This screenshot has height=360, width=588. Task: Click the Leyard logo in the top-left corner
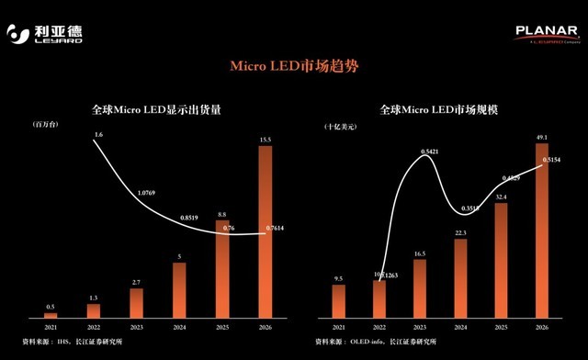pyautogui.click(x=45, y=35)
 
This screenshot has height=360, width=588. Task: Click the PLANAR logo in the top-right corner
pyautogui.click(x=547, y=34)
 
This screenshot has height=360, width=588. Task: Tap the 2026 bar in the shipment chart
pyautogui.click(x=265, y=230)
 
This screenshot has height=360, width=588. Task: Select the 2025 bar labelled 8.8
pyautogui.click(x=222, y=267)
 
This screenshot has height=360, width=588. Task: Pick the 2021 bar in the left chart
pyautogui.click(x=50, y=315)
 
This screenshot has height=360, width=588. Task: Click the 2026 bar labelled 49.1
pyautogui.click(x=542, y=230)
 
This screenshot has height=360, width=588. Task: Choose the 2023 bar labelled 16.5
pyautogui.click(x=420, y=288)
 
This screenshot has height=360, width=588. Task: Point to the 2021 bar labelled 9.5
pyautogui.click(x=338, y=301)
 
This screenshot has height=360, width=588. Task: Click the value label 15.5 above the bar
pyautogui.click(x=265, y=139)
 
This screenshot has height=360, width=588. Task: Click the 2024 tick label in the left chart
pyautogui.click(x=179, y=328)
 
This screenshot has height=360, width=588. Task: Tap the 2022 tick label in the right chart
pyautogui.click(x=379, y=328)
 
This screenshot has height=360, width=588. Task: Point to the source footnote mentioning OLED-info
pyautogui.click(x=377, y=342)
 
